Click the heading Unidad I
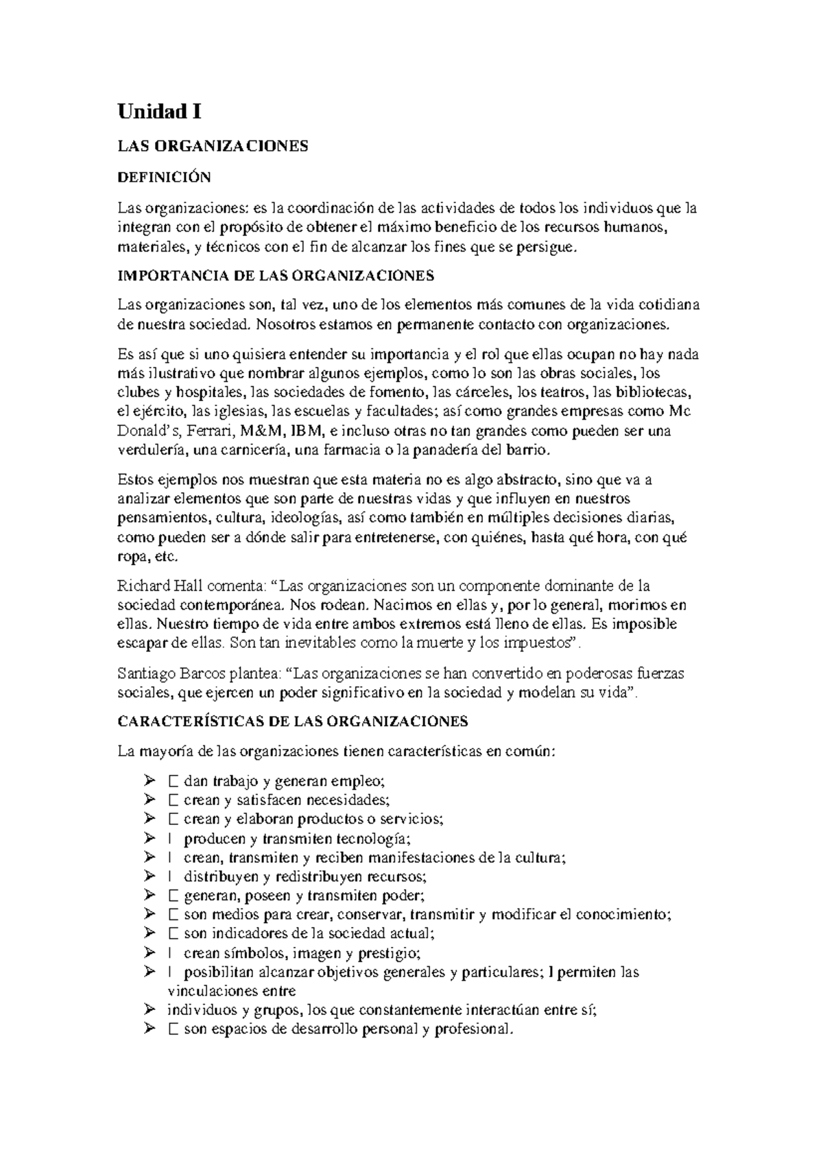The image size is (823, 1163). click(159, 111)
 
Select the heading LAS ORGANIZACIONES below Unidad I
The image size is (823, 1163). click(213, 145)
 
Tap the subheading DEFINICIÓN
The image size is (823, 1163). click(164, 177)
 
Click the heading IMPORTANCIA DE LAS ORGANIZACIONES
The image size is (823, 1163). click(276, 276)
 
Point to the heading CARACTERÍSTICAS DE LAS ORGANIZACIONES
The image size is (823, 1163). click(293, 721)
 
